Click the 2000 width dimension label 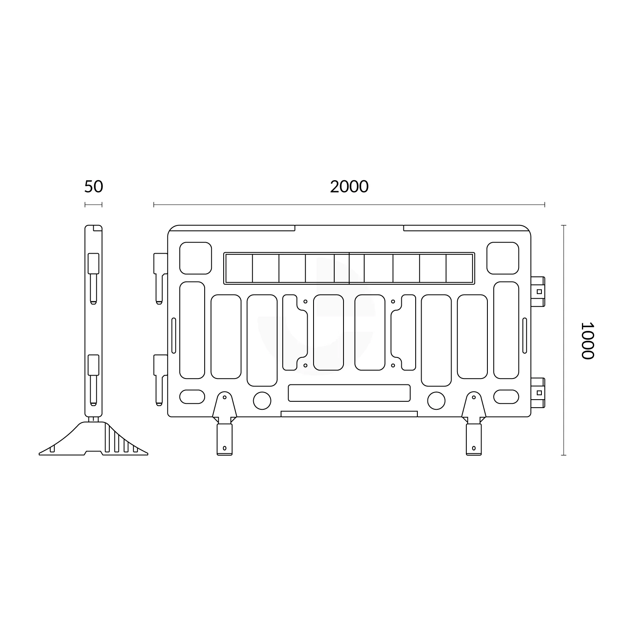(349, 187)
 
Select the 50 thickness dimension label (93, 187)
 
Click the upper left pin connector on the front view (160, 276)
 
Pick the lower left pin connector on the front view (160, 378)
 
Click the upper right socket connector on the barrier (538, 291)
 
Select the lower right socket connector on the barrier (538, 392)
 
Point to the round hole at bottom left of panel (262, 400)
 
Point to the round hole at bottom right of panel (436, 400)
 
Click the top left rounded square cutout (195, 258)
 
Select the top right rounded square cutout (503, 258)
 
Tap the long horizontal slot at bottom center (349, 393)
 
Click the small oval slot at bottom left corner (192, 397)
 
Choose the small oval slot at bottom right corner (506, 397)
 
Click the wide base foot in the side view (94, 441)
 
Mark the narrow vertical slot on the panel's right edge (525, 335)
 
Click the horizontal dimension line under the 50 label (93, 205)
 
